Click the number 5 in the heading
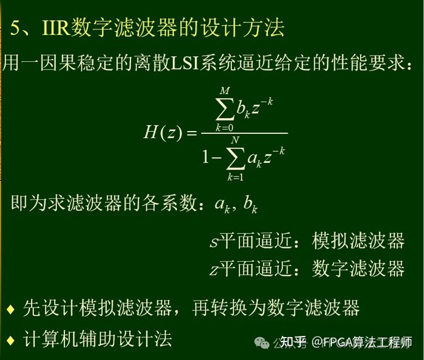(x=16, y=27)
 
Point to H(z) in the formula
(x=162, y=133)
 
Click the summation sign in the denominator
(x=235, y=158)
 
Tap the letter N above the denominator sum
(x=235, y=140)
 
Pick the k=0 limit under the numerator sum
(x=223, y=127)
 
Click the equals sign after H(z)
(x=190, y=133)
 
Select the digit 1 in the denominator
(x=206, y=158)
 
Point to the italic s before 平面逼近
(x=213, y=242)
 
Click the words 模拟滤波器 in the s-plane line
(x=358, y=241)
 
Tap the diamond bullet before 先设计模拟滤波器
(x=10, y=309)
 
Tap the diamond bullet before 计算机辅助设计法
(x=10, y=339)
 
